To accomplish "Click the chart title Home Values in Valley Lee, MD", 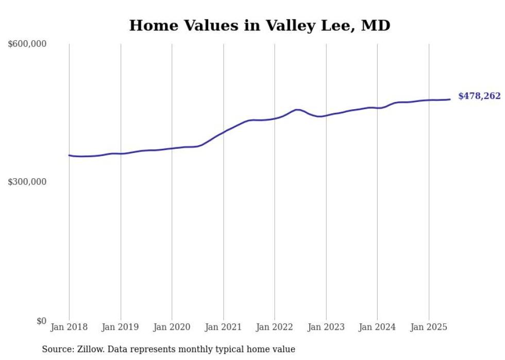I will click(260, 25).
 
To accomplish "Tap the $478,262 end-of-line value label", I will click(479, 96).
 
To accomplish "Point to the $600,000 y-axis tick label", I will click(27, 44).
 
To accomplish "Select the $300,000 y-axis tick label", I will click(27, 182).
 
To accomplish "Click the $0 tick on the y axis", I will click(41, 321).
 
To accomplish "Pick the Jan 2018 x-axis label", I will click(69, 327).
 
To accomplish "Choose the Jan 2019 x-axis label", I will click(121, 327).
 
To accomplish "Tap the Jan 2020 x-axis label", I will click(172, 327).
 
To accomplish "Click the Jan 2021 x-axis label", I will click(224, 327).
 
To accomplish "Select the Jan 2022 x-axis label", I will click(275, 327).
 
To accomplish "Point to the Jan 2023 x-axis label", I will click(326, 327).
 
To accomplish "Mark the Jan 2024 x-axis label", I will click(377, 327).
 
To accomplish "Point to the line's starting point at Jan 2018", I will click(69, 155).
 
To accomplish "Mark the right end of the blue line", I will click(450, 99).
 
